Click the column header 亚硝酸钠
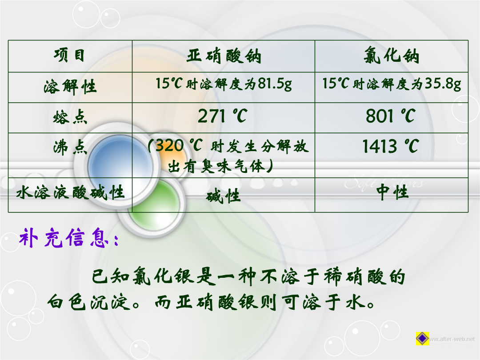(224, 56)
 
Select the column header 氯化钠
(391, 56)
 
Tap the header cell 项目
(69, 56)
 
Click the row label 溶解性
(70, 87)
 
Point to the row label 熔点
(70, 117)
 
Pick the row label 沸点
(70, 147)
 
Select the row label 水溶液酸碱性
(70, 193)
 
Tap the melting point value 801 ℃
(391, 116)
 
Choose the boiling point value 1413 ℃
(391, 146)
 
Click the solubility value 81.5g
(275, 83)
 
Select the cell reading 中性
(392, 192)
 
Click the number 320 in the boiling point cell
(170, 146)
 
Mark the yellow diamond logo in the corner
(423, 338)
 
